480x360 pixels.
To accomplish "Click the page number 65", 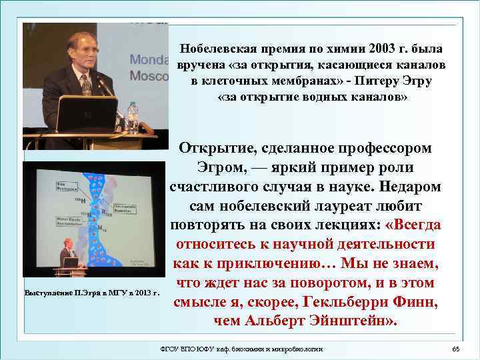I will click(456, 350).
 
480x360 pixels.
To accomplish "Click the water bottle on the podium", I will click(132, 117).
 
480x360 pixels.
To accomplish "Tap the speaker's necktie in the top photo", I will click(86, 85).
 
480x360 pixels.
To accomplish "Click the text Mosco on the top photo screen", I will click(147, 76).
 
